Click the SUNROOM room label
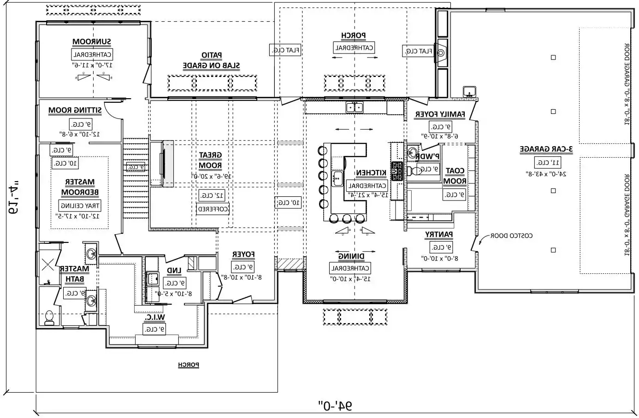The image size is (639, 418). (92, 42)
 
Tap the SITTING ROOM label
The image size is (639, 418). (76, 111)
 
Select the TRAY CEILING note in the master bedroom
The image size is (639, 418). (80, 206)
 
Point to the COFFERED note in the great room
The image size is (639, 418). (213, 209)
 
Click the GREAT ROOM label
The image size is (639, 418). (210, 160)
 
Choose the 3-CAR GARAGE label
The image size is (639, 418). (546, 149)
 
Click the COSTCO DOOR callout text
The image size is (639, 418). (511, 235)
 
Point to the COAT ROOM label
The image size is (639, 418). (455, 176)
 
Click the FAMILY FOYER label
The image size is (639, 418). (440, 114)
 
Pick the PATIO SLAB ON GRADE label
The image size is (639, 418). (211, 61)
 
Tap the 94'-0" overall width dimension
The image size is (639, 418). (335, 406)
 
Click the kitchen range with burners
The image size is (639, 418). (397, 171)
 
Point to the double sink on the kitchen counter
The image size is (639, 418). (355, 107)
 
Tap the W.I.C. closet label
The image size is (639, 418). (154, 318)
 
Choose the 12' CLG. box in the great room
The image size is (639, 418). (212, 195)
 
